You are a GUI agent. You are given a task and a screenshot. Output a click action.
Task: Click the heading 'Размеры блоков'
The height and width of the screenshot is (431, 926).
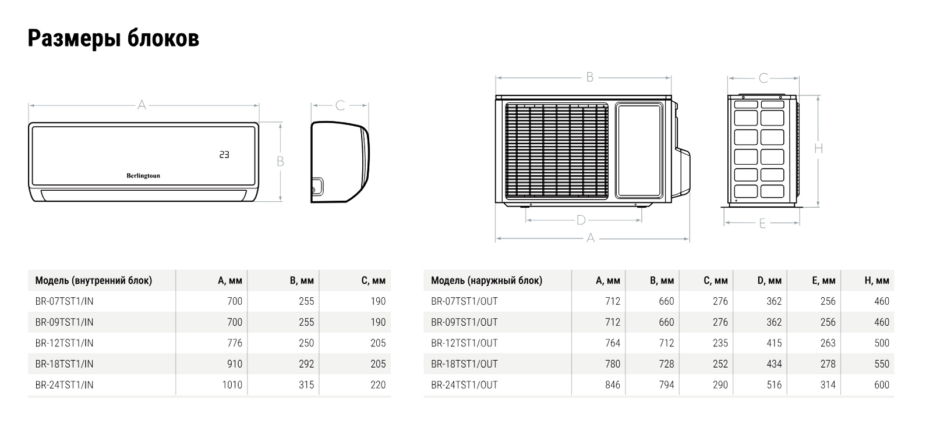(x=114, y=38)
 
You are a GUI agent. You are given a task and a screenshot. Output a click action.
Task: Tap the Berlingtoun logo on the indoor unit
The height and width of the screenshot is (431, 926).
(x=143, y=176)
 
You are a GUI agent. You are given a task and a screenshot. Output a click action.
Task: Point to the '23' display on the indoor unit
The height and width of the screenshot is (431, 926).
(x=224, y=155)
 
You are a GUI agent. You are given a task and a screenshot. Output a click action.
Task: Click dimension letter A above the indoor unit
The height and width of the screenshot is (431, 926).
(x=142, y=105)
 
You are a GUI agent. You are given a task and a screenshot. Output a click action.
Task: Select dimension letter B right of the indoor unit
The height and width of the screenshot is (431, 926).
(x=280, y=162)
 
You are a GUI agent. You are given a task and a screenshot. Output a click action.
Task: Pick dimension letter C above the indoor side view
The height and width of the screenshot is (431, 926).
(x=340, y=105)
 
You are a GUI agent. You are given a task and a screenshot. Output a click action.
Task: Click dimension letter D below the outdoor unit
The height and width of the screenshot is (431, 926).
(x=581, y=220)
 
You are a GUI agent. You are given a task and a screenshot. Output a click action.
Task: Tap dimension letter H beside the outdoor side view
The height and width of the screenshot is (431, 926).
(x=818, y=149)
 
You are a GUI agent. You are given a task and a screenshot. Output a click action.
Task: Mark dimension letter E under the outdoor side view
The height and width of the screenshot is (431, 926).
(x=762, y=223)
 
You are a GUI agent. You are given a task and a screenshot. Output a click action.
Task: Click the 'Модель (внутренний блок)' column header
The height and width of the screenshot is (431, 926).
(x=94, y=281)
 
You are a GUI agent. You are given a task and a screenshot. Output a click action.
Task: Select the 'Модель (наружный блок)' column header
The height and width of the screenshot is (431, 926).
(x=486, y=281)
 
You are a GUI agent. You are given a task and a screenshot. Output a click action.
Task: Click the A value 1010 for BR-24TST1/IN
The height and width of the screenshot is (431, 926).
(x=232, y=385)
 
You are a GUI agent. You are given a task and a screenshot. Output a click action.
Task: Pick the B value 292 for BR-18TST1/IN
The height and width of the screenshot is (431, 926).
(x=306, y=364)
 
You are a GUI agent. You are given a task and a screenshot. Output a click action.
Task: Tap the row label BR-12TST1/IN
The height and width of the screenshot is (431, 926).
(x=64, y=343)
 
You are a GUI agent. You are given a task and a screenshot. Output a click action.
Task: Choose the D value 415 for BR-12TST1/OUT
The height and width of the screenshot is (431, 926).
(x=774, y=343)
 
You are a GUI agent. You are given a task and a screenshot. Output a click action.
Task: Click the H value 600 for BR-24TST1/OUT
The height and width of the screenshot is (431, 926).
(x=882, y=385)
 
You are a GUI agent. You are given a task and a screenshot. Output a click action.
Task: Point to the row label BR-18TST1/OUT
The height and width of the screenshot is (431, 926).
(x=464, y=364)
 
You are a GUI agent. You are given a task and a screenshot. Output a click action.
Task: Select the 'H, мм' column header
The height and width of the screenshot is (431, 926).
(x=877, y=281)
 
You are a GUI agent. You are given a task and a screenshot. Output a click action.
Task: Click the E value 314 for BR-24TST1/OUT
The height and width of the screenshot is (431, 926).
(x=828, y=385)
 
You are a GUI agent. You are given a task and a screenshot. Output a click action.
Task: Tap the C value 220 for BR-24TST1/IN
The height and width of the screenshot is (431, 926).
(x=378, y=385)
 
